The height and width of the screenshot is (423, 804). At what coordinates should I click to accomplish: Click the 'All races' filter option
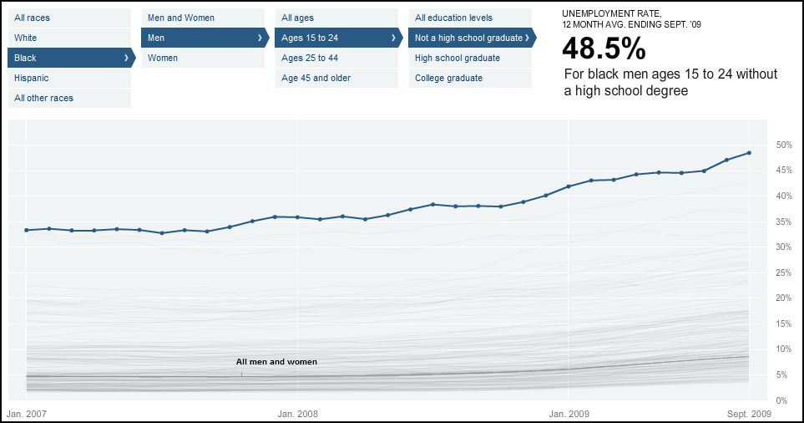click(32, 18)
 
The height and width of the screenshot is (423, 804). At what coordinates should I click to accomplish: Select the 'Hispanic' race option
click(32, 78)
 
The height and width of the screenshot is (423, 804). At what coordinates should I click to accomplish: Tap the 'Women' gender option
click(163, 58)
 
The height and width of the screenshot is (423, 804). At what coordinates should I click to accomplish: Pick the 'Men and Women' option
click(181, 18)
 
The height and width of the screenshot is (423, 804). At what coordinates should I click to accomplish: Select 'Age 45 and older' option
click(316, 78)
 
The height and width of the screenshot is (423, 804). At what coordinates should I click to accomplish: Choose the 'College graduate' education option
click(448, 78)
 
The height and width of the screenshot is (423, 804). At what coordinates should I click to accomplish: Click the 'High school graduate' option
click(458, 58)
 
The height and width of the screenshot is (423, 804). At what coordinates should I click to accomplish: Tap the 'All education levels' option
click(453, 18)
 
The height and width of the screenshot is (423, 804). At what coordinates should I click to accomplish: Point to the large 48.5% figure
click(604, 49)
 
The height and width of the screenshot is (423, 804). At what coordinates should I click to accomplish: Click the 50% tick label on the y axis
click(783, 145)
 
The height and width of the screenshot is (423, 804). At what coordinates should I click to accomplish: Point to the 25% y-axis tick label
click(783, 273)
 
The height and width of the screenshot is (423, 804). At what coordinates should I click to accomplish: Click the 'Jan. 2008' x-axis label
click(298, 413)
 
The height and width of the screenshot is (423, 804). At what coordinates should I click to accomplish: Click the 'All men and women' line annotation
click(276, 362)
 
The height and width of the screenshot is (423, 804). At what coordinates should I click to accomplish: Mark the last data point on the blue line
click(749, 153)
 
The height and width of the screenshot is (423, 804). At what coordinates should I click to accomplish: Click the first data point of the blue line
click(27, 230)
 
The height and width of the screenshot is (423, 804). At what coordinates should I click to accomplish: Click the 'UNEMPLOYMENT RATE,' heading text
click(612, 14)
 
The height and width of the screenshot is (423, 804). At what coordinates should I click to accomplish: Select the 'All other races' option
click(43, 98)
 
